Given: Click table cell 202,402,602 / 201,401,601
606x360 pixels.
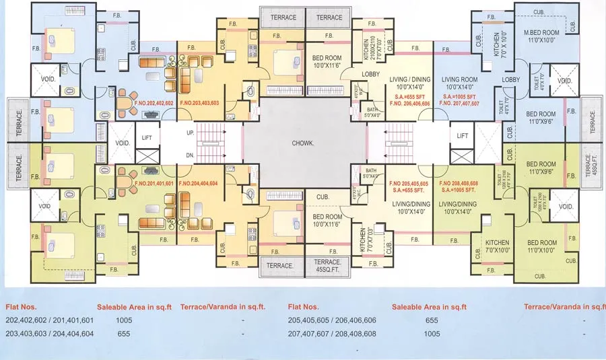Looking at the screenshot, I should (x=50, y=321).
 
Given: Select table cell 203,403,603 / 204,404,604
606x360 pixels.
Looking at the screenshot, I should (x=50, y=334).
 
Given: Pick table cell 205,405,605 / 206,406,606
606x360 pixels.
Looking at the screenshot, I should (x=332, y=321).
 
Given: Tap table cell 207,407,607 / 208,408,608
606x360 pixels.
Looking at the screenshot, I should (x=332, y=334).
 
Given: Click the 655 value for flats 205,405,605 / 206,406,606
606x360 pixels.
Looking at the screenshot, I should (x=432, y=321).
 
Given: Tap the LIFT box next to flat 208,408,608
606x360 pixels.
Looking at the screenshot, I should (x=462, y=136).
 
